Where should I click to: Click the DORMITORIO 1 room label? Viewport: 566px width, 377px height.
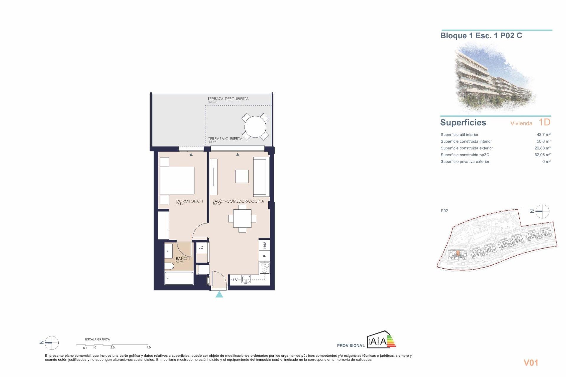point(189,201)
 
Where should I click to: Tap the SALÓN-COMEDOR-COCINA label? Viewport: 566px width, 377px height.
point(238,201)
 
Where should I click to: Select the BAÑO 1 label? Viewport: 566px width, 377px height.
point(183,259)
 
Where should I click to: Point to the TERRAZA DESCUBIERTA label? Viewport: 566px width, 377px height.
point(228,99)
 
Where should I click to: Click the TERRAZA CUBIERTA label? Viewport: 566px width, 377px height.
point(225,138)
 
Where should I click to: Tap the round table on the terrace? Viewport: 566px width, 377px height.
point(255,127)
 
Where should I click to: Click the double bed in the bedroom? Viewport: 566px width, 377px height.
point(177,180)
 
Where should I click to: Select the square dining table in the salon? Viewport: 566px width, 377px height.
point(242,219)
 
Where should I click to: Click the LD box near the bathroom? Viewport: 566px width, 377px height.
point(201,247)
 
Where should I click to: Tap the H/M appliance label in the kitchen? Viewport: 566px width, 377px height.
point(265,245)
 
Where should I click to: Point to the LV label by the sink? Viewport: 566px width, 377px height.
point(235,280)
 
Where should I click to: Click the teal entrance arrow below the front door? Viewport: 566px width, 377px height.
point(219,294)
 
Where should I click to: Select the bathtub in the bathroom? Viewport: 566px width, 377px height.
point(179,278)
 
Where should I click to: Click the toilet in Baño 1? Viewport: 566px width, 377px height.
point(169,266)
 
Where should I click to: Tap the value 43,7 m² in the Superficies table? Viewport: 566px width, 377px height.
point(543,135)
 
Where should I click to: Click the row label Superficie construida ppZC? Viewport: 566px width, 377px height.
point(465,155)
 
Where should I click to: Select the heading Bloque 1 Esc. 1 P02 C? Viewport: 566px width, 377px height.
point(481,36)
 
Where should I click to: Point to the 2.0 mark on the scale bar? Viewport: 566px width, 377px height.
point(113,348)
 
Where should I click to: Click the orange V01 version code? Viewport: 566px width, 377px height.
point(531,363)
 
